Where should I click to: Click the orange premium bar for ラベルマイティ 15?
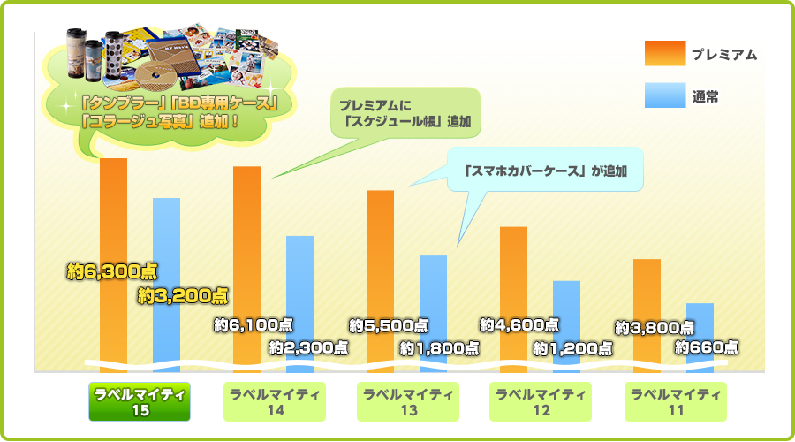pos(114,265)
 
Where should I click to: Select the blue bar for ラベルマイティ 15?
pos(166,286)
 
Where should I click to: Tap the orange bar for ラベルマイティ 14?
pos(247,270)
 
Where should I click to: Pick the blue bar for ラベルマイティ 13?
pos(433,314)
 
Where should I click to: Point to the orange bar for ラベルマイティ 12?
pos(513,300)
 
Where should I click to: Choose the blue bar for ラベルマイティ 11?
pos(700,338)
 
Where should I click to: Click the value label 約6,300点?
pos(112,272)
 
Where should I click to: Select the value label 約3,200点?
pos(183,296)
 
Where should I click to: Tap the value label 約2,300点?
pos(309,347)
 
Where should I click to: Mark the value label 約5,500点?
pos(389,325)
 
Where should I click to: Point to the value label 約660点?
pos(707,347)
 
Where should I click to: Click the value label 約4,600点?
pos(519,324)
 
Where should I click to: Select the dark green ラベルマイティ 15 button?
pos(140,402)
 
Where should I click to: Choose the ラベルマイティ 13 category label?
pos(408,402)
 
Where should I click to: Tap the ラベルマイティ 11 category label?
pos(676,402)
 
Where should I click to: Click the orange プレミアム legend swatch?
pos(665,53)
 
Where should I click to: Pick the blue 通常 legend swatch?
pos(665,95)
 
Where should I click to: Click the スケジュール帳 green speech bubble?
pos(405,113)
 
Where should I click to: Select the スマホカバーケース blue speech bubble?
pos(545,170)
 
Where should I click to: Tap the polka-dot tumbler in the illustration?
pos(114,58)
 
